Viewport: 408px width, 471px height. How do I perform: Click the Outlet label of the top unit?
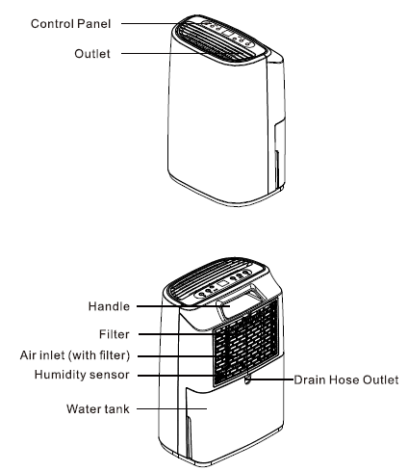pos(92,55)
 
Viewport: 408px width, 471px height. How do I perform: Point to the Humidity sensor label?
pos(80,374)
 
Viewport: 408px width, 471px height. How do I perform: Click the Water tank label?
pos(93,408)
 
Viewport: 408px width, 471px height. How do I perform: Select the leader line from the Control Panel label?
pos(145,21)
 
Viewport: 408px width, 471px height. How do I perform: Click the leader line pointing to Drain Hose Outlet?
pos(271,379)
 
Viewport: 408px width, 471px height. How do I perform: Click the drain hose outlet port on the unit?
pos(248,379)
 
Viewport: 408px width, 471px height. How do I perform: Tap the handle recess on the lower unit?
pos(238,307)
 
